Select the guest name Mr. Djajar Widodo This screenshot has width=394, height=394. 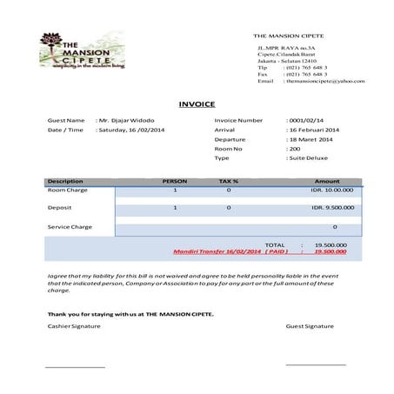(x=128, y=120)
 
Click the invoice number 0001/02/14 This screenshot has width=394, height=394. (x=306, y=120)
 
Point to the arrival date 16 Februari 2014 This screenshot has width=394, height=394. (x=314, y=130)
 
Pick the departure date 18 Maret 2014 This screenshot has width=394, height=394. (x=311, y=139)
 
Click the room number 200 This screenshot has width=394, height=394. (x=294, y=149)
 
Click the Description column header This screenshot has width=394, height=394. (x=65, y=181)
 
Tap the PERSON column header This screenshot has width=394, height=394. (x=175, y=181)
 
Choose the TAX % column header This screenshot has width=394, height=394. (x=229, y=181)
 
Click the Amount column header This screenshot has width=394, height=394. (x=339, y=181)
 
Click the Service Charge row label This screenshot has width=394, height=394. (x=70, y=227)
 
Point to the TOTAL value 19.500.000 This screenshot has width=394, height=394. (x=331, y=245)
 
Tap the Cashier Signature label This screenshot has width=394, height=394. (x=74, y=326)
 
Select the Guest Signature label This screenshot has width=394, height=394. (x=310, y=326)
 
